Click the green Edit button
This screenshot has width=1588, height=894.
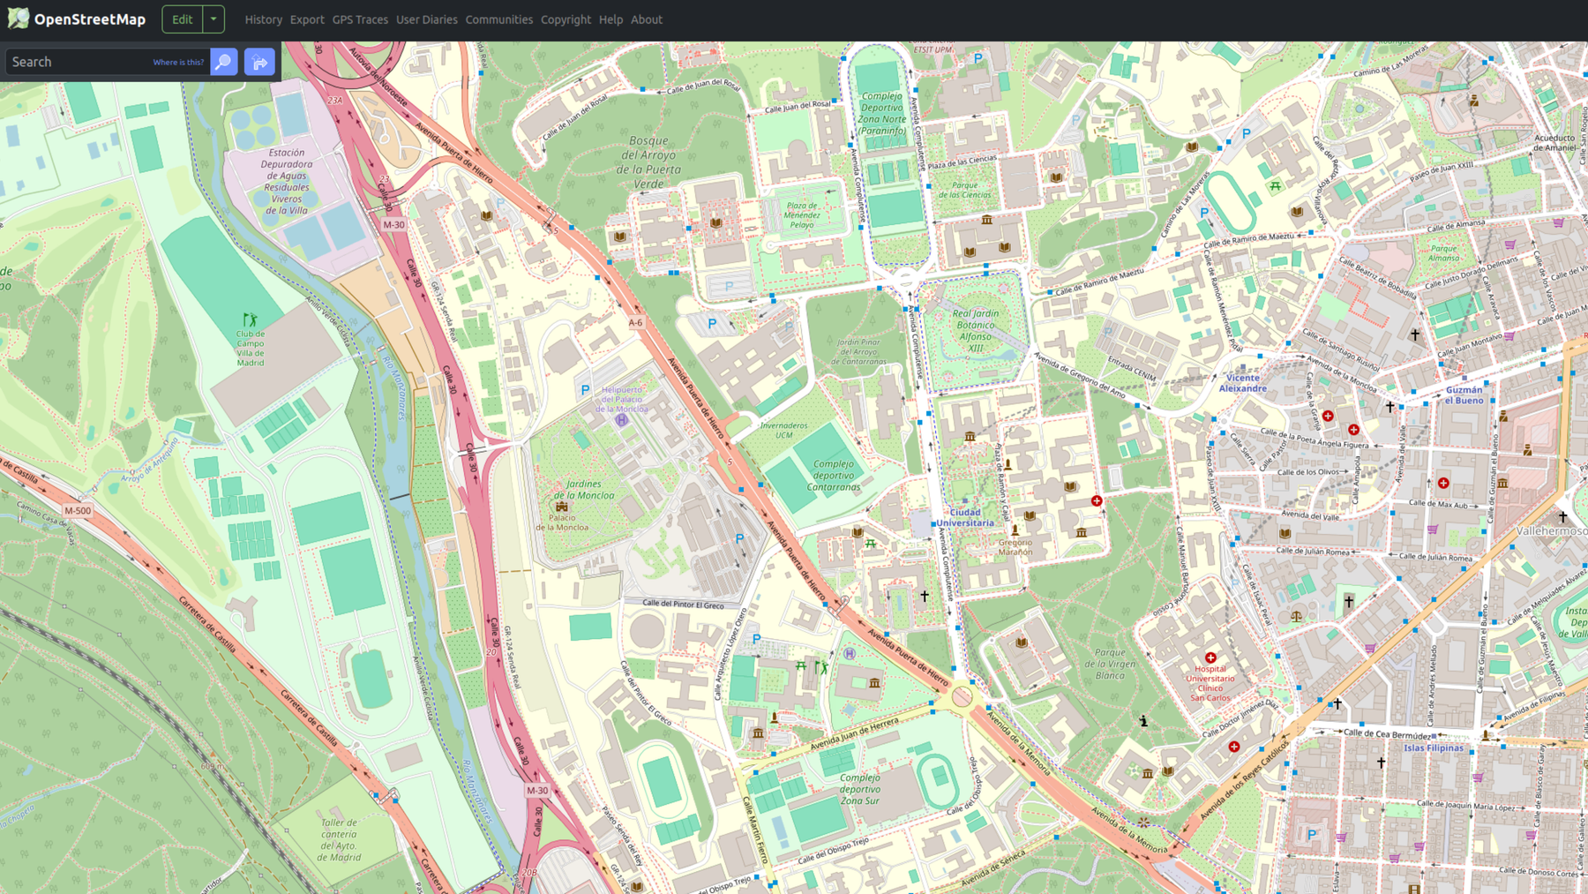pos(183,19)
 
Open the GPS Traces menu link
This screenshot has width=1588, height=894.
pos(360,19)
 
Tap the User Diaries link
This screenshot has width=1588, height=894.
pos(426,19)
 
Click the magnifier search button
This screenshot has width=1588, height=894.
pos(224,62)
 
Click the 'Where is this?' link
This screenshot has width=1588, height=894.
pos(178,63)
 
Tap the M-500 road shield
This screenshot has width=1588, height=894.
pos(78,510)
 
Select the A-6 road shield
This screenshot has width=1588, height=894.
pos(635,323)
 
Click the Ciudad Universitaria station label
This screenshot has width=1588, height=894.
pos(964,517)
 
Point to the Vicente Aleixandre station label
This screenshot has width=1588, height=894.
pos(1242,383)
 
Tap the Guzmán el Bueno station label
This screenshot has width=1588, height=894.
pos(1464,394)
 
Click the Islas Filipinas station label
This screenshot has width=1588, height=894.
pos(1433,748)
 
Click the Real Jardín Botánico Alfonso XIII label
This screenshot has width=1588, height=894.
pos(975,330)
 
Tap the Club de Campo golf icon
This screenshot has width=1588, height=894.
pos(251,319)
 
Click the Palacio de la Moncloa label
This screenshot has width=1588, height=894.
pos(561,522)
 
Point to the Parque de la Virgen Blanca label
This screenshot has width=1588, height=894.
pos(1109,664)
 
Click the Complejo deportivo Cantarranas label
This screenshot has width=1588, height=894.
pos(833,475)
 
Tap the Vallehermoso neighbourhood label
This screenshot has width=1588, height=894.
pos(1551,531)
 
